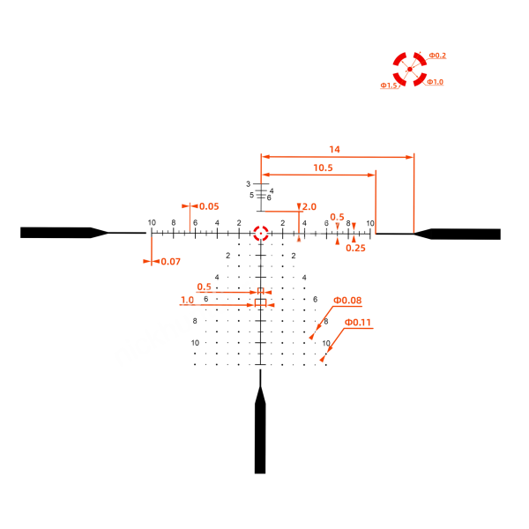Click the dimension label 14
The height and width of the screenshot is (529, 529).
coord(334,150)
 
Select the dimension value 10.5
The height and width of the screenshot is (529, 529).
coord(323,168)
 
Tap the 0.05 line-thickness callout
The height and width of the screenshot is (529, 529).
coord(209,206)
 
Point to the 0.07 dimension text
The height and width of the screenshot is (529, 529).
coord(170,262)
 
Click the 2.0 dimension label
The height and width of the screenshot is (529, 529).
coord(309,207)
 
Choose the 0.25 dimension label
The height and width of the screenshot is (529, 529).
coord(355,249)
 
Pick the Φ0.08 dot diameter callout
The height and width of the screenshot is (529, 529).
coord(347,301)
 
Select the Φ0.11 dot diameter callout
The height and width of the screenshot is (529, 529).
coord(357,322)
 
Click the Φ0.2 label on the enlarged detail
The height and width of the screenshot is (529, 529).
coord(437,56)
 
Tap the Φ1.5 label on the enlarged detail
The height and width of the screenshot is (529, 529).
coord(389,86)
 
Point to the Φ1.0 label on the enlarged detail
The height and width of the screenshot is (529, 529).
coord(435,82)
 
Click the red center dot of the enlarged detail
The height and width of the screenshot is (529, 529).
coord(410,69)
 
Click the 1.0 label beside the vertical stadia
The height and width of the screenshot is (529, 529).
coord(187,300)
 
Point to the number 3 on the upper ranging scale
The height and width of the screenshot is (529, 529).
coord(249,184)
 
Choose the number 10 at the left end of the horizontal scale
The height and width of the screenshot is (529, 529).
coord(152,223)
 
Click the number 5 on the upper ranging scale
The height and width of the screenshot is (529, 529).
coord(251,195)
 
